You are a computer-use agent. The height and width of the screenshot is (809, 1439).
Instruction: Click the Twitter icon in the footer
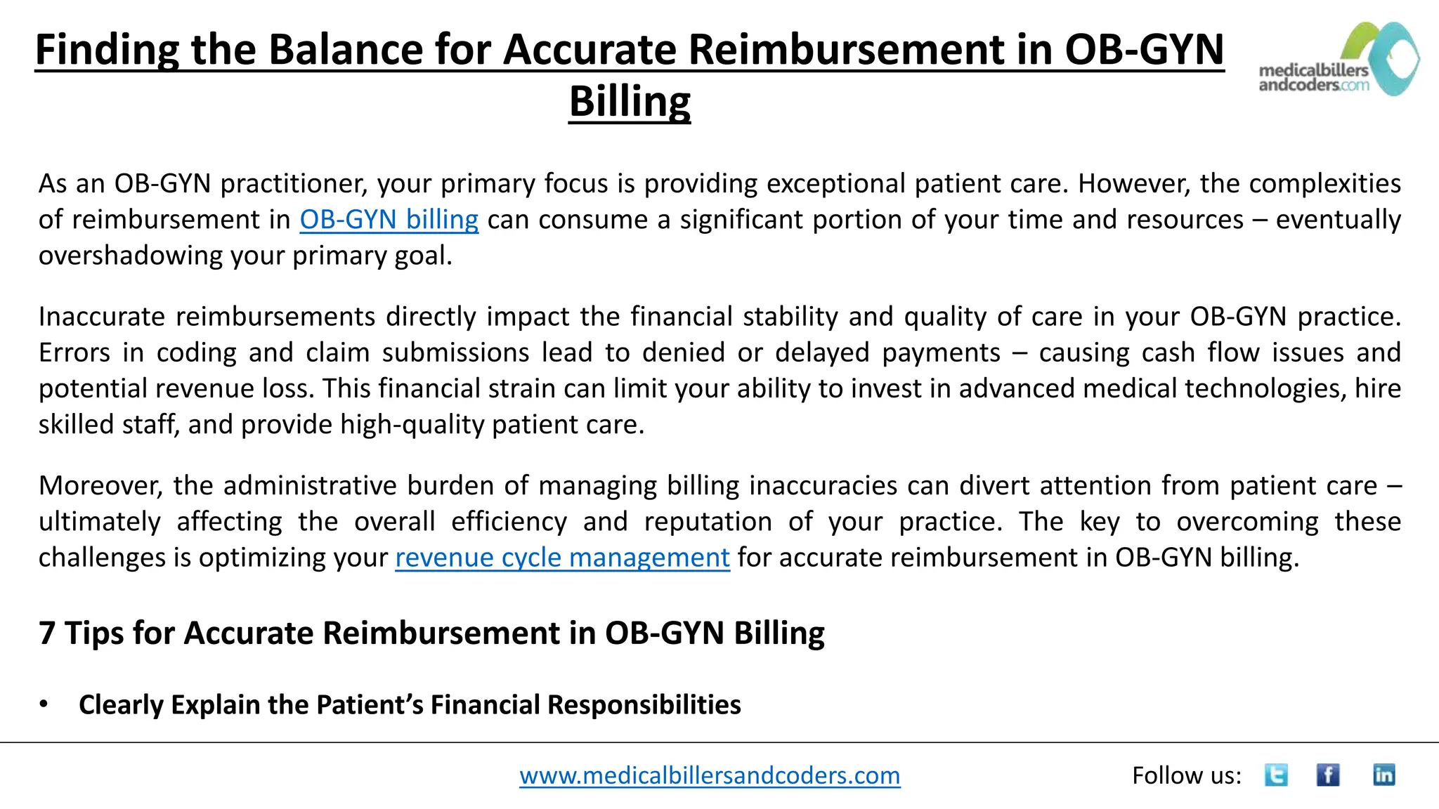tap(1276, 775)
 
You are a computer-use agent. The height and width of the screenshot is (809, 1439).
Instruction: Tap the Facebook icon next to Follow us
tap(1327, 775)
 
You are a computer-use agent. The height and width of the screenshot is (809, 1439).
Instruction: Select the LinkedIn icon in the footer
tap(1383, 775)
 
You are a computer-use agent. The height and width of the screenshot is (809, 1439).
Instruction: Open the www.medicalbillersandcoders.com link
tap(710, 775)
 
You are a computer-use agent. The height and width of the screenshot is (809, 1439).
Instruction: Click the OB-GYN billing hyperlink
tap(389, 220)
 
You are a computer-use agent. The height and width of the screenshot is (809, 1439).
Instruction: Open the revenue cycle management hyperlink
tap(562, 558)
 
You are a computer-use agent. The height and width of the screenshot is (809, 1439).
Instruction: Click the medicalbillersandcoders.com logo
tap(1339, 60)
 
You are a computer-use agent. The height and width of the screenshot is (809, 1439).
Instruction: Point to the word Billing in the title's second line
tap(630, 102)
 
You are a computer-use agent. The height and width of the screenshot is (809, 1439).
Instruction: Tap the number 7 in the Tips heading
tap(47, 633)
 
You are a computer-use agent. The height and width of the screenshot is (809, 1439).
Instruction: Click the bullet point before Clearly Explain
tap(44, 704)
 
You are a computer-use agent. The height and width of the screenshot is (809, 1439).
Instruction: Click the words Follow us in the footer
tap(1186, 775)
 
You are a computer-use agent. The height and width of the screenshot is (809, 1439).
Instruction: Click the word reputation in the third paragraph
tap(708, 522)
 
